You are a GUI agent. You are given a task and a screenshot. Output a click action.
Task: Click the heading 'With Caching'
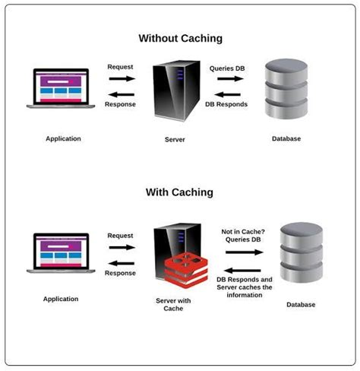pos(179,192)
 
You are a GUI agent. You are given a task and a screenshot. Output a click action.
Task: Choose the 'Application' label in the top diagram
pos(62,138)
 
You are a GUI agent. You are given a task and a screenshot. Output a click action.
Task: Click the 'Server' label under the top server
pos(175,139)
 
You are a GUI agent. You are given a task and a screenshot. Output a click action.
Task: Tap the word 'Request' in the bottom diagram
pos(121,236)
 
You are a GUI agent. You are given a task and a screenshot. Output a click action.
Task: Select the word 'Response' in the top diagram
pos(121,104)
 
